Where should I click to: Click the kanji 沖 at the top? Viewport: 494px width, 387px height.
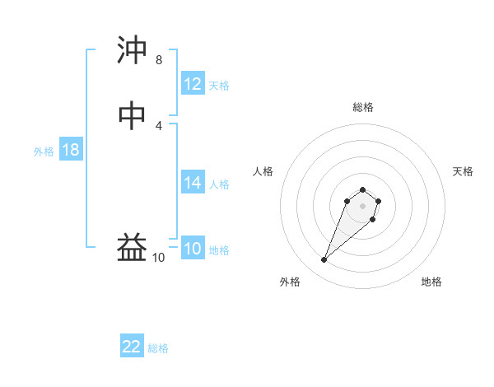(133, 51)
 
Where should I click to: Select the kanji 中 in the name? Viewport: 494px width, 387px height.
(133, 115)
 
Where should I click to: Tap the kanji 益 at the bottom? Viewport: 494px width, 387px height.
(133, 248)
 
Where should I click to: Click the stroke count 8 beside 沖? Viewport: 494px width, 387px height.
(158, 60)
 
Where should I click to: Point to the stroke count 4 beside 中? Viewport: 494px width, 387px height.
(158, 125)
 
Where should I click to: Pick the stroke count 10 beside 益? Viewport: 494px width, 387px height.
(158, 258)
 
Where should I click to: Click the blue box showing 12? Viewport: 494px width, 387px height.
(193, 84)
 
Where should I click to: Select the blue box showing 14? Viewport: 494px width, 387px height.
(193, 183)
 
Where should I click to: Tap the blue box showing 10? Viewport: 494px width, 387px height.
(193, 249)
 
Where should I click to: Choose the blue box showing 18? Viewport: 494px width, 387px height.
(71, 151)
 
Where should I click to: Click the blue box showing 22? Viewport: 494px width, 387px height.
(132, 347)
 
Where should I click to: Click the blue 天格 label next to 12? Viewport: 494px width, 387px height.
(219, 85)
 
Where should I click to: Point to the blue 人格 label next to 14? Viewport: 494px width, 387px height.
(219, 184)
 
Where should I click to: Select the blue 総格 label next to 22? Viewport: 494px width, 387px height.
(158, 348)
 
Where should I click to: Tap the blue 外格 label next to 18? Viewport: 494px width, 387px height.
(44, 152)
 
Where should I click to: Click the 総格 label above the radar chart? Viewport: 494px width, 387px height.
(363, 107)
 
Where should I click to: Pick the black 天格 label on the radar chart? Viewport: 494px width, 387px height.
(463, 171)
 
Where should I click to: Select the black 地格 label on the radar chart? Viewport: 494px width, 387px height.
(431, 282)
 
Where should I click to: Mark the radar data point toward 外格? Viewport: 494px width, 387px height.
(324, 260)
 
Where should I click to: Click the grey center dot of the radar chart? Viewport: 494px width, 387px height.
(363, 205)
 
